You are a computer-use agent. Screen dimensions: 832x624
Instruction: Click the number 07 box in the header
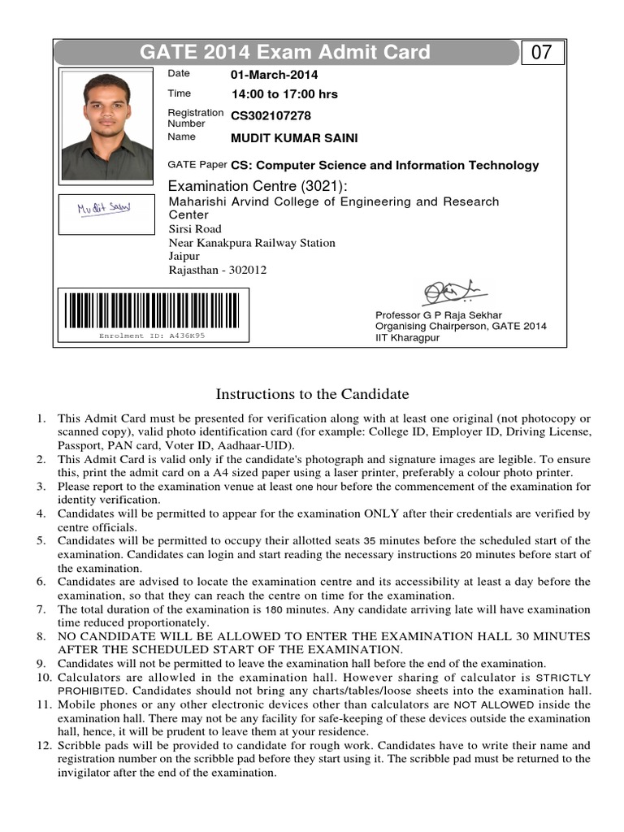point(542,54)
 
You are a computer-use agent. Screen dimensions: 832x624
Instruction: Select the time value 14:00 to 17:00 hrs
point(284,94)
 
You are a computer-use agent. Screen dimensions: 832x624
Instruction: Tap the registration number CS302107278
point(271,116)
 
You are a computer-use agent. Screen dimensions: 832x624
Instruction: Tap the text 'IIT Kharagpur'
point(407,337)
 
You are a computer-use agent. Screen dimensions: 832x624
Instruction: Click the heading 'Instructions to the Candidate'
point(312,395)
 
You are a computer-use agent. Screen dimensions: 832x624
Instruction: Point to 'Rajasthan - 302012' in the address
point(217,271)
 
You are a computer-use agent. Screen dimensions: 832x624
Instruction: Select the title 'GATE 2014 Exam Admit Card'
point(285,54)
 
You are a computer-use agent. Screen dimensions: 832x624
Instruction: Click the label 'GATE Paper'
point(197,165)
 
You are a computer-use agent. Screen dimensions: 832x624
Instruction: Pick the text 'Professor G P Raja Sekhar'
point(438,315)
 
